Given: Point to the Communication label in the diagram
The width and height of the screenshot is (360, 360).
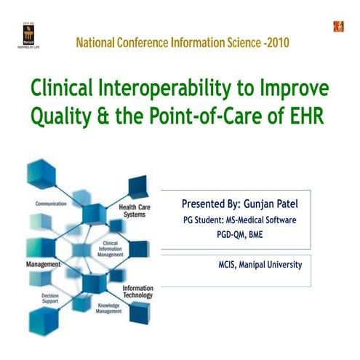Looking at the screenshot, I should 52,204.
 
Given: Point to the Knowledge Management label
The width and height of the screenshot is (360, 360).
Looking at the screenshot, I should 113,308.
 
